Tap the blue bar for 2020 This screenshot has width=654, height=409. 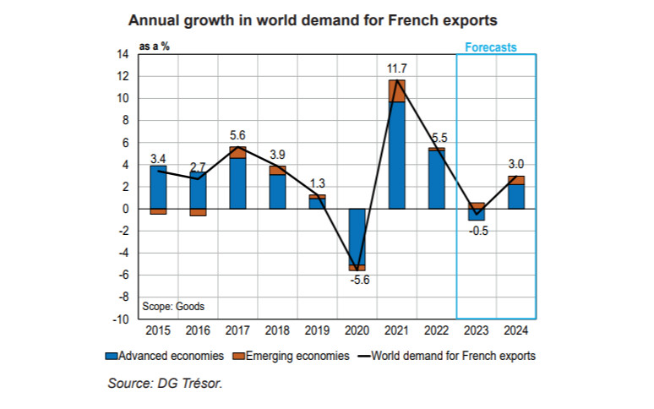coord(357,236)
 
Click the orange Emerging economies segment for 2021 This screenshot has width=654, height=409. coord(396,90)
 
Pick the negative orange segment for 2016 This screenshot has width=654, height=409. coord(198,212)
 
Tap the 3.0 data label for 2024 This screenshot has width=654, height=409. coord(515,165)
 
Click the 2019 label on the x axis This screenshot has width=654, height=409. coord(317,330)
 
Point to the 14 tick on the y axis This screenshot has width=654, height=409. coord(123,54)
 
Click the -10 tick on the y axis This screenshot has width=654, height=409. coord(120,319)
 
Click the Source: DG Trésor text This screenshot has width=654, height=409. coord(164,384)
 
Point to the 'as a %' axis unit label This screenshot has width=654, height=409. coord(155,46)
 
